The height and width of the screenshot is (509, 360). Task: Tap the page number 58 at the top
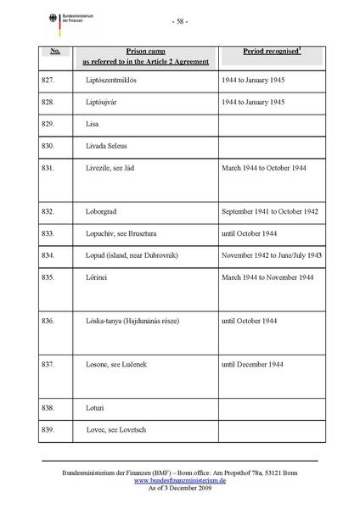179,21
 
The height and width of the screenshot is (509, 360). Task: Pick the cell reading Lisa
92,123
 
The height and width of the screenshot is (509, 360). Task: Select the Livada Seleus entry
107,145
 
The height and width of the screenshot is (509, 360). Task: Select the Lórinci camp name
98,277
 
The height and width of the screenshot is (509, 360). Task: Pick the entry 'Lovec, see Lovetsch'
116,432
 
